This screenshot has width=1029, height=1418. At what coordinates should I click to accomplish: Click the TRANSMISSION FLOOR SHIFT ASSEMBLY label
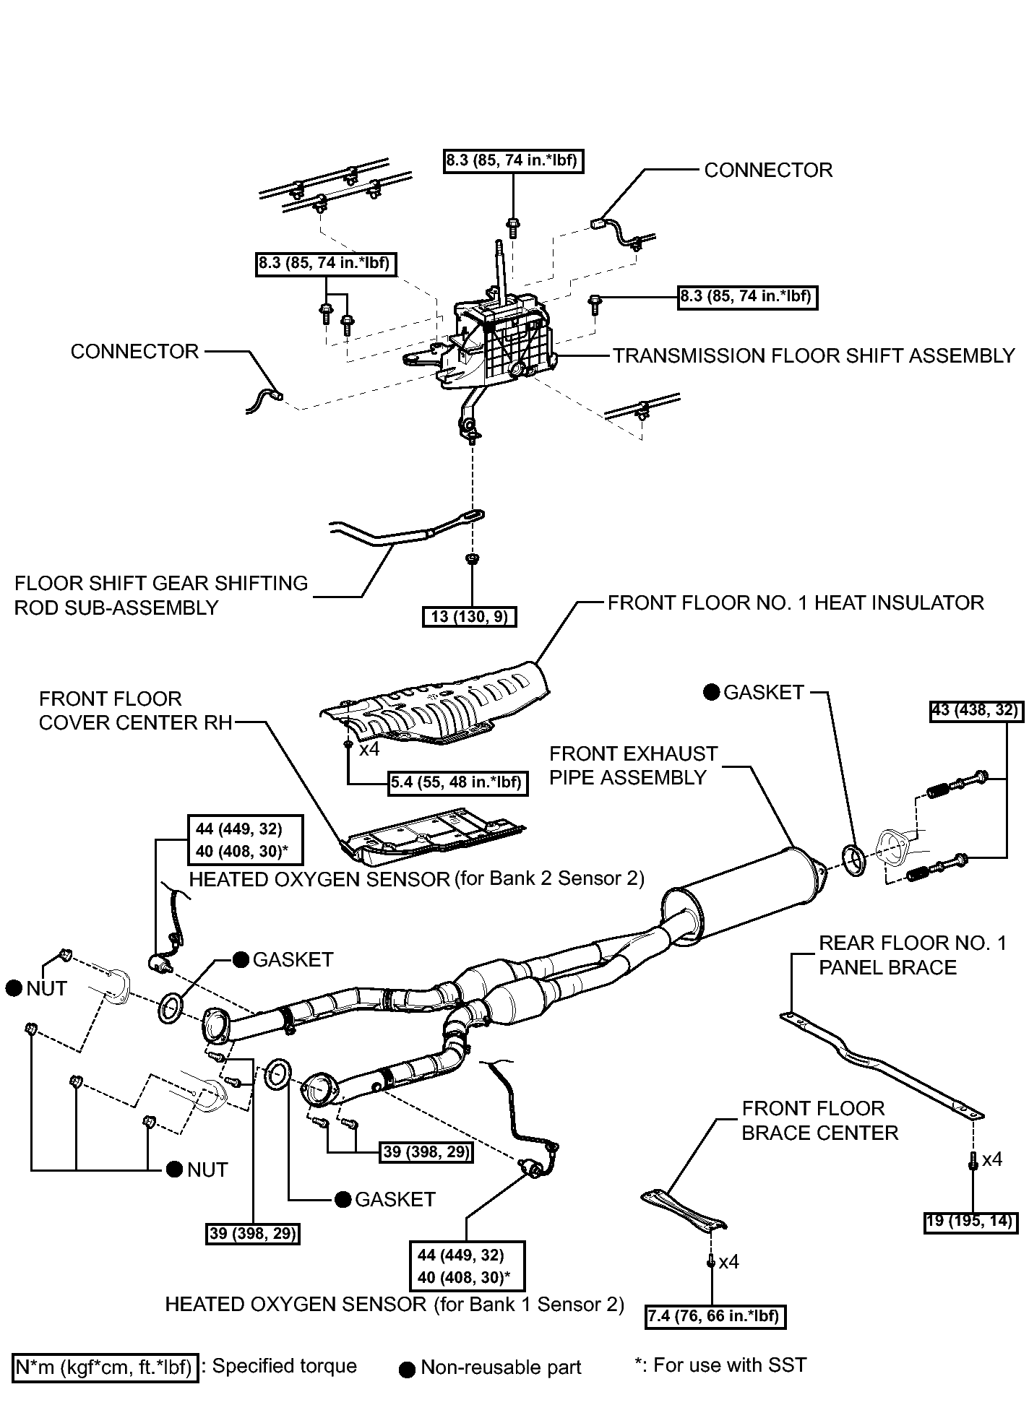[x=814, y=356]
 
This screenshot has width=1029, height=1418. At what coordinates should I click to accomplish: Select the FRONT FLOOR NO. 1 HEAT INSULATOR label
[x=796, y=603]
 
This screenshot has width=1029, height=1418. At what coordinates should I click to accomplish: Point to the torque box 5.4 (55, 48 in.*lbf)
[x=457, y=782]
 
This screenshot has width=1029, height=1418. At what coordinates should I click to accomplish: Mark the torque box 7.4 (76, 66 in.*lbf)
[x=715, y=1316]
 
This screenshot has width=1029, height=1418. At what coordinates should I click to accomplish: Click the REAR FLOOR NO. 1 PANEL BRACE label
[x=912, y=955]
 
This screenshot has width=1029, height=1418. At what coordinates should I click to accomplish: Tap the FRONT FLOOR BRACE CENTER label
[x=819, y=1120]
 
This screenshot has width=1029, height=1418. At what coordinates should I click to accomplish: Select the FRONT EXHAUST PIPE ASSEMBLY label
[x=633, y=766]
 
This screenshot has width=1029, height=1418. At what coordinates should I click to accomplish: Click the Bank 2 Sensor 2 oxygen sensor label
[x=416, y=878]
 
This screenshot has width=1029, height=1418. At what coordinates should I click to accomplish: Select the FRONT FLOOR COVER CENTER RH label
[x=135, y=711]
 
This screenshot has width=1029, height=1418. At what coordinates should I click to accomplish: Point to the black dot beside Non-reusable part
[x=408, y=1369]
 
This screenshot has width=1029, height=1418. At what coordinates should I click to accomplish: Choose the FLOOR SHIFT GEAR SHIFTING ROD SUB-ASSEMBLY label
[x=161, y=595]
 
